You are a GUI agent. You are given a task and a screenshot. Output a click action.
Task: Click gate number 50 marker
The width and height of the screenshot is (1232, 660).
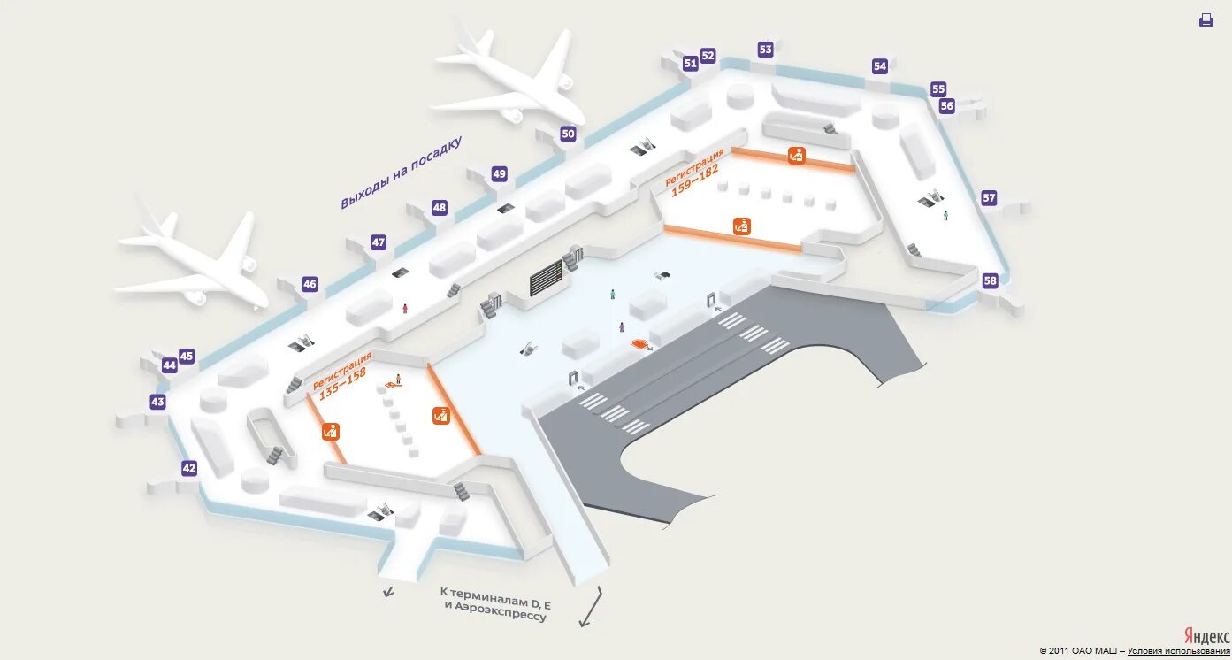click(x=568, y=134)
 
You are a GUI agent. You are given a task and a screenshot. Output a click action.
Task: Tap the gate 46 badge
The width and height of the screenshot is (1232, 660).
click(x=310, y=284)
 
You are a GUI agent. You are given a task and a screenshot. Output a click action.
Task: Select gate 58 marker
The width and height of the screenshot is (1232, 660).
click(x=990, y=280)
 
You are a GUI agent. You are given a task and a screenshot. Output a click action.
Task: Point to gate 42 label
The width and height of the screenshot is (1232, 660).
click(x=189, y=468)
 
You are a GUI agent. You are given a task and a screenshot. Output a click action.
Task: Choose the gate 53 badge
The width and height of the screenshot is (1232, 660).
click(x=766, y=50)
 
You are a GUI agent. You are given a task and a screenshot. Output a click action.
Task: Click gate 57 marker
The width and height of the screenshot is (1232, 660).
click(x=989, y=198)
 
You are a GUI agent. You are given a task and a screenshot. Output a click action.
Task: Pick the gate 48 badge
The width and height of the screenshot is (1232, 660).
click(x=440, y=208)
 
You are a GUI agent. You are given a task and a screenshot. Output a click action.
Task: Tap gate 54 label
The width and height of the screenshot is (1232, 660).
click(x=879, y=66)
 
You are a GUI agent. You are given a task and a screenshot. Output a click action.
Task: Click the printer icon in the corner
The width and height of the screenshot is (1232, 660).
click(x=1206, y=19)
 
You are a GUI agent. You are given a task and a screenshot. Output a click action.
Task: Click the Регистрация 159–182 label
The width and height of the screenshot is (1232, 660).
click(x=696, y=172)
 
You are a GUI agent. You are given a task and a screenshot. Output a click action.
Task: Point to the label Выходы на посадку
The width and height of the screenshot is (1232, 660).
click(x=402, y=173)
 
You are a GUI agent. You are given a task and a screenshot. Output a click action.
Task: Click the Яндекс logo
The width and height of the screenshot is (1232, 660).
click(x=1206, y=636)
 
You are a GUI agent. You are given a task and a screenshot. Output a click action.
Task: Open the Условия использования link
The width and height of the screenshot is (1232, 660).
click(x=1178, y=651)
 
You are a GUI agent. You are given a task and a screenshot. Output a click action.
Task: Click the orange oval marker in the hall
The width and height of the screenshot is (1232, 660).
click(x=639, y=343)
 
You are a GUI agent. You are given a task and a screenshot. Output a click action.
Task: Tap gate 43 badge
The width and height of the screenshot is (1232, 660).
click(x=157, y=402)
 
